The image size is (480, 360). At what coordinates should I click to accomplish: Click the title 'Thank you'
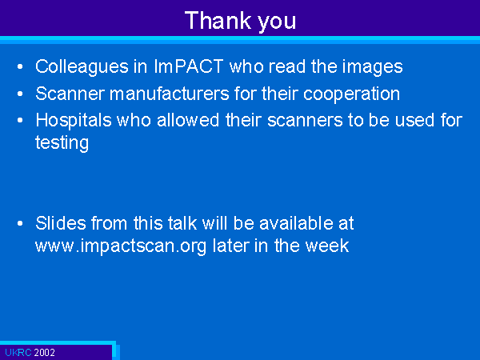tap(240, 21)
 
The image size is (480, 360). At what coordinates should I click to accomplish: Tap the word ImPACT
tap(188, 66)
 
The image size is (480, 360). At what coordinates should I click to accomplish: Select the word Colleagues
tap(82, 67)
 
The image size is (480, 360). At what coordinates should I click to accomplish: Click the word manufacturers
tap(170, 93)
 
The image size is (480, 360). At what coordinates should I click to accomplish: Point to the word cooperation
tap(351, 94)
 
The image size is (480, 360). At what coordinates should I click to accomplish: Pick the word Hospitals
tap(74, 120)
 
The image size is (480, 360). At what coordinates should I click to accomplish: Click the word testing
tap(62, 143)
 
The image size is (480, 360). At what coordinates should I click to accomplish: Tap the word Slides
tap(61, 223)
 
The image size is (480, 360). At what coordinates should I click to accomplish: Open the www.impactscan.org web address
tap(121, 246)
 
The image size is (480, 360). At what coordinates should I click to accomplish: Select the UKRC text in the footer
tap(18, 353)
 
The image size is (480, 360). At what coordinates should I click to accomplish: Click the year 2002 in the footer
tap(44, 353)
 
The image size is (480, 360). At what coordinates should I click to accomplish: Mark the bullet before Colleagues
tap(20, 66)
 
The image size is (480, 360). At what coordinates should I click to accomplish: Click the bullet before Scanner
tap(20, 94)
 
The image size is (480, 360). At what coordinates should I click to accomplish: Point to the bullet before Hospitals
tap(20, 120)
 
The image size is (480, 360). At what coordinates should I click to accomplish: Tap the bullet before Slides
tap(20, 223)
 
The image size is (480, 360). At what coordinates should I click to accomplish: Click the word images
tap(372, 67)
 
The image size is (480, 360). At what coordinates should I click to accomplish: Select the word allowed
tap(188, 120)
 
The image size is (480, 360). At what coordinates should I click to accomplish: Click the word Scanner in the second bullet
tap(70, 93)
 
